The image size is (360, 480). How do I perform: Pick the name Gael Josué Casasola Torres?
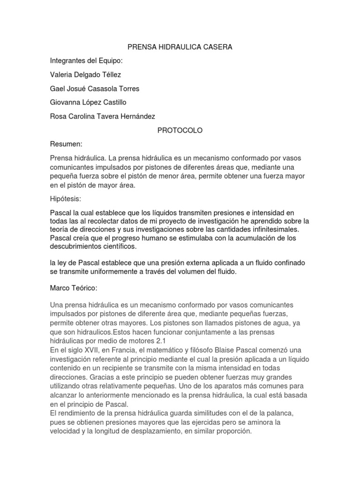click(x=94, y=89)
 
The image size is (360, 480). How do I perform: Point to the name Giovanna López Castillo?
click(x=88, y=102)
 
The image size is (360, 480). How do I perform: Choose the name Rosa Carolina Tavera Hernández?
click(x=102, y=116)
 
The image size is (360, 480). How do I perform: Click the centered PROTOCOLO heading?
click(x=180, y=130)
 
